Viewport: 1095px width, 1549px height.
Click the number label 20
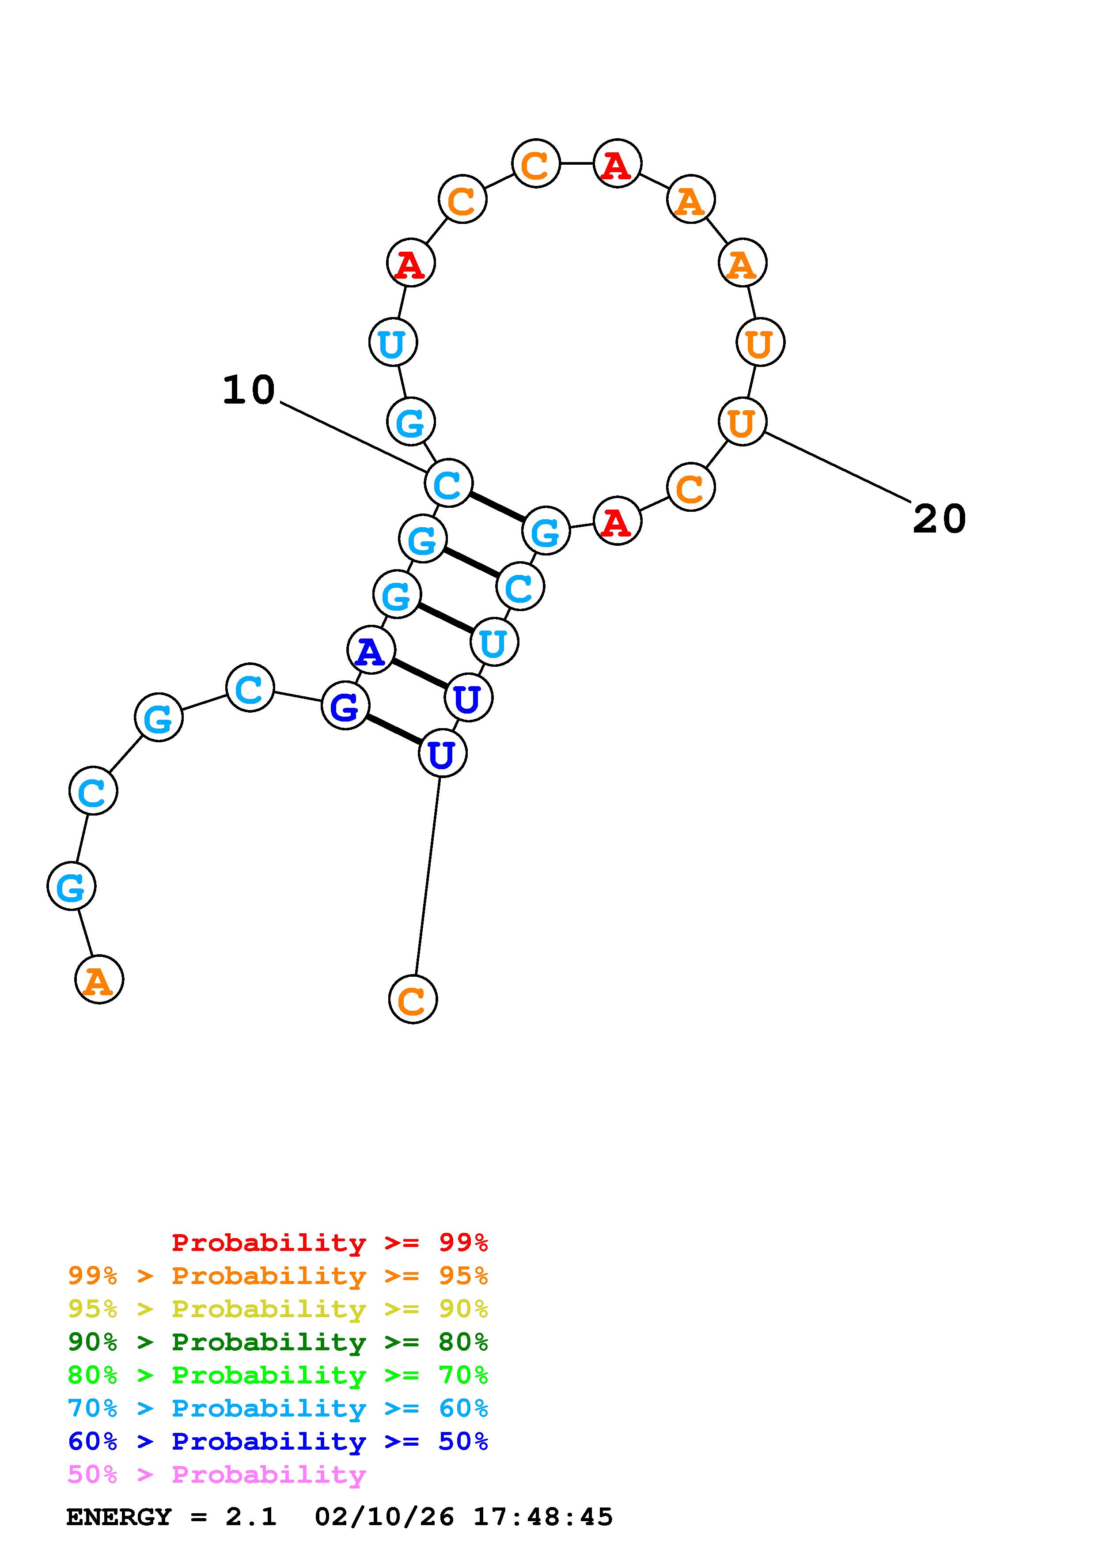point(939,519)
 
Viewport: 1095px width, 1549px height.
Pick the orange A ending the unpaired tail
point(99,979)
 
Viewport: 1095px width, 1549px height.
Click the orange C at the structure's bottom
point(413,999)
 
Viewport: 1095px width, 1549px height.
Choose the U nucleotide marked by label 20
point(742,422)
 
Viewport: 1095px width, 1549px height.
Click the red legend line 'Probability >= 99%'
point(330,1242)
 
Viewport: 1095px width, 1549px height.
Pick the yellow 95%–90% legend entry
point(278,1309)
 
